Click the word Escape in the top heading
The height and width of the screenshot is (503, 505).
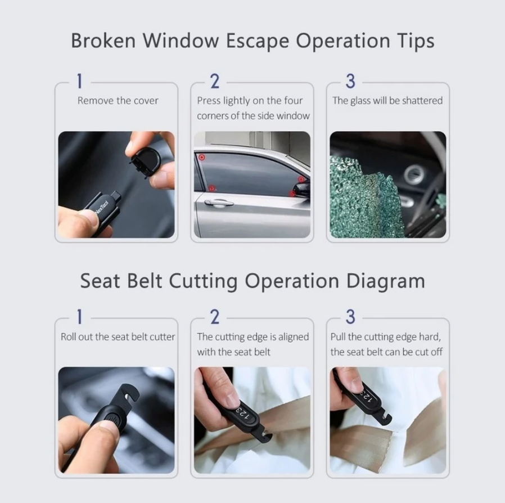pos(257,41)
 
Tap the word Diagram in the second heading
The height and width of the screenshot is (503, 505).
pos(385,281)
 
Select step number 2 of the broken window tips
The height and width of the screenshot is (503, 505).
pos(215,82)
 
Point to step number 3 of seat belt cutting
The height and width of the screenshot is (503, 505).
pos(350,317)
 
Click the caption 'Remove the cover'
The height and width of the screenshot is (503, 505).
pos(118,101)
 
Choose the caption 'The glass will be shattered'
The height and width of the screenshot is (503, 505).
pos(387,101)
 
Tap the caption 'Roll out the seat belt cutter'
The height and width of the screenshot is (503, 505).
pos(118,336)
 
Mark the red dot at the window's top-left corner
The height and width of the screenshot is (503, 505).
pos(202,157)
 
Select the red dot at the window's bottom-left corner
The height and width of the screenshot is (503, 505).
pos(211,188)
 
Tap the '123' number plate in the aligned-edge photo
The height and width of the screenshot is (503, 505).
pos(243,414)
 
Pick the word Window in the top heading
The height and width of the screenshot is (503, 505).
pos(181,41)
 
